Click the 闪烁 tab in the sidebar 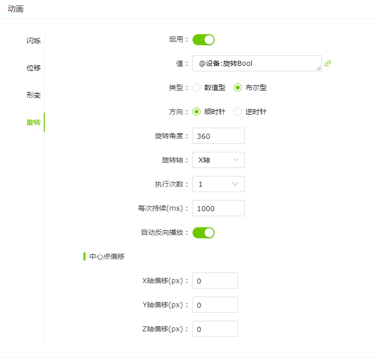pyautogui.click(x=33, y=41)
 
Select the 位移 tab pyautogui.click(x=33, y=68)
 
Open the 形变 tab pyautogui.click(x=33, y=95)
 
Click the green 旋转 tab pyautogui.click(x=33, y=122)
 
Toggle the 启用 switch pyautogui.click(x=204, y=40)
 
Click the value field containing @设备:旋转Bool pyautogui.click(x=257, y=63)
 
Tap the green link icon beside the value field pyautogui.click(x=328, y=63)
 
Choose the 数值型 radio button pyautogui.click(x=197, y=87)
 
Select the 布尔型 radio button pyautogui.click(x=238, y=87)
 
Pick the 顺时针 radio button pyautogui.click(x=197, y=112)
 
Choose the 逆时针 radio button pyautogui.click(x=238, y=112)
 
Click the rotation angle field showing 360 pyautogui.click(x=218, y=136)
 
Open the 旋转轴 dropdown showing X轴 pyautogui.click(x=218, y=160)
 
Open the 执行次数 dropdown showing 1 pyautogui.click(x=218, y=184)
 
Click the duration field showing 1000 pyautogui.click(x=218, y=208)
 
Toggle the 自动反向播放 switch pyautogui.click(x=204, y=233)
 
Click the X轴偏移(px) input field pyautogui.click(x=215, y=281)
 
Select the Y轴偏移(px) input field pyautogui.click(x=215, y=305)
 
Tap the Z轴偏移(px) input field pyautogui.click(x=215, y=329)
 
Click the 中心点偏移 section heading pyautogui.click(x=107, y=256)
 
